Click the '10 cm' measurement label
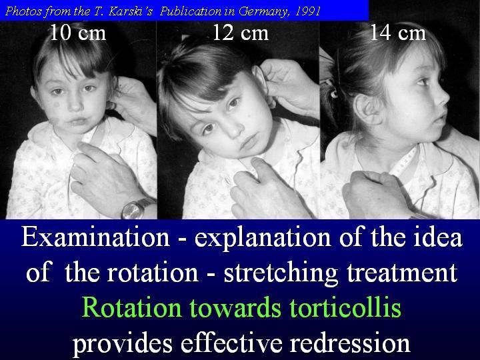[78, 33]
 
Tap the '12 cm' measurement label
[240, 33]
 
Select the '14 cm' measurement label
[397, 33]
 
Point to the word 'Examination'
[95, 237]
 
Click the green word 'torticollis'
[345, 307]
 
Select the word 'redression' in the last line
[350, 343]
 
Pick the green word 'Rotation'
[132, 307]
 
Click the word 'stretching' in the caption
[281, 273]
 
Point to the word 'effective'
[231, 343]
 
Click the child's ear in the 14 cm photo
[367, 109]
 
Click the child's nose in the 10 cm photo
[74, 105]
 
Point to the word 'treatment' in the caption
[402, 273]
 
